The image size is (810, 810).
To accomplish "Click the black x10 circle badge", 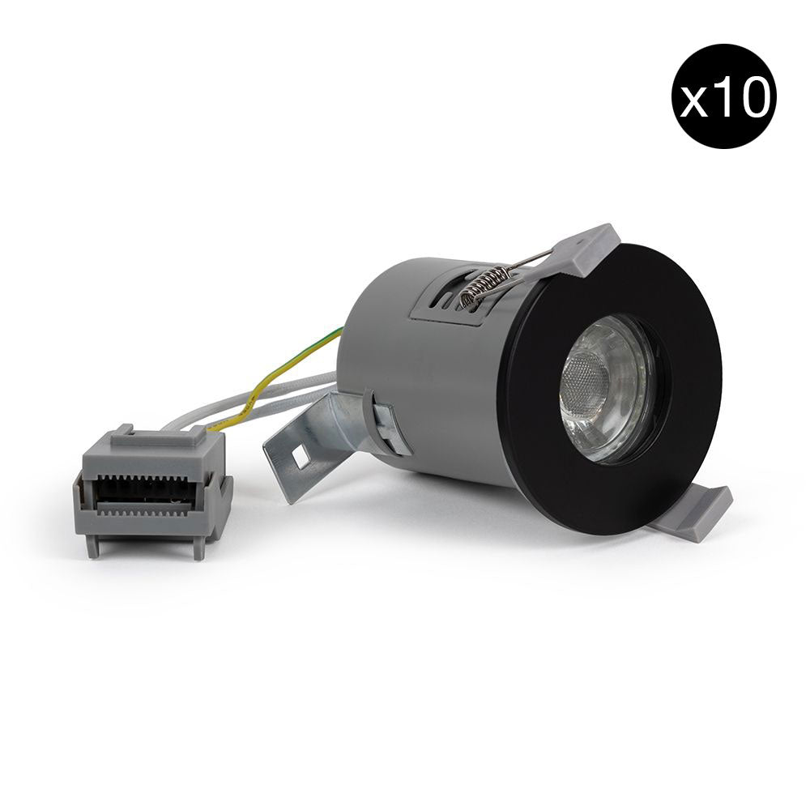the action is click(723, 96).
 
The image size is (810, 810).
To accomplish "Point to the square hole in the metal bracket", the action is click(301, 456).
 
